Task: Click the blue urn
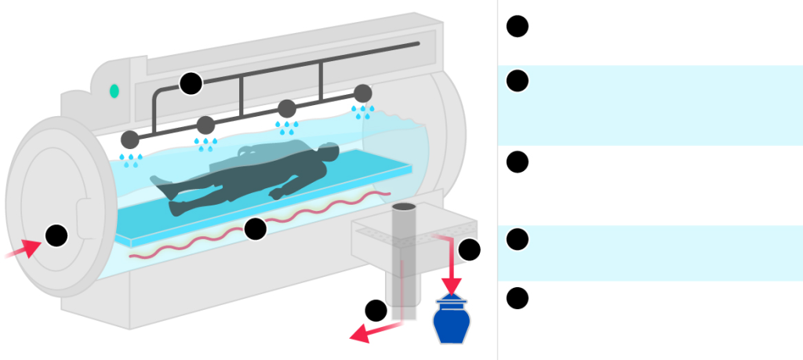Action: tap(451, 322)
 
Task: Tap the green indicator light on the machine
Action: tap(114, 91)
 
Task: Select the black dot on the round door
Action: tap(56, 235)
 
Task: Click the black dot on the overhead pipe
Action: tap(191, 83)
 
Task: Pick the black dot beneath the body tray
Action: tap(255, 229)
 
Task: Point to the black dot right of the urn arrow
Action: tap(469, 249)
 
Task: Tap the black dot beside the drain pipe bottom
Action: tap(376, 310)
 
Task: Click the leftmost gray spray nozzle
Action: tap(130, 140)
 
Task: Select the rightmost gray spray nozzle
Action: tap(362, 93)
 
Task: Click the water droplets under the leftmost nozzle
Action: tap(130, 160)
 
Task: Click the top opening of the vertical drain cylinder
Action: tap(404, 207)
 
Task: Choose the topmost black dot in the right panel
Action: tap(517, 26)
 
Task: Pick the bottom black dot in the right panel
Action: tap(517, 298)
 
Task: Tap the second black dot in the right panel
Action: tap(517, 81)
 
